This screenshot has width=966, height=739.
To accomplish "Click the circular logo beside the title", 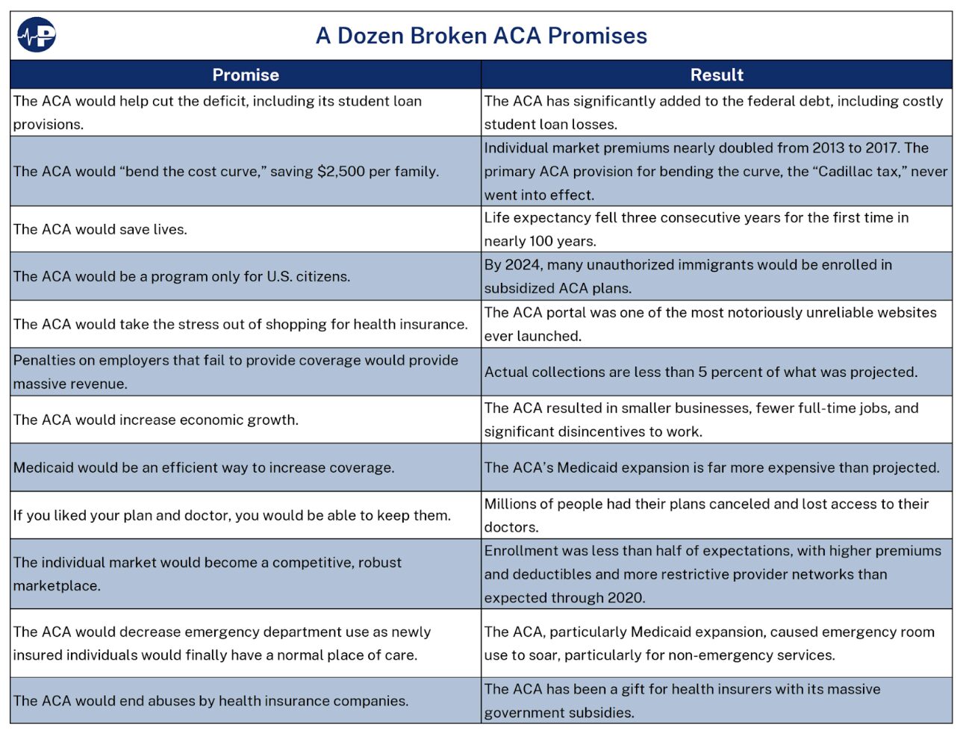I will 37,35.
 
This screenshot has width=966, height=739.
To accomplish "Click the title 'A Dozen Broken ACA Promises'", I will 482,36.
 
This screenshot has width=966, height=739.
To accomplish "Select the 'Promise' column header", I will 246,75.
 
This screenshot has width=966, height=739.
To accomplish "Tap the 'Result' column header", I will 717,75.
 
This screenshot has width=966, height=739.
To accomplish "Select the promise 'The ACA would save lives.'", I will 101,230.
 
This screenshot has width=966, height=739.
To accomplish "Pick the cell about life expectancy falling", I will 696,229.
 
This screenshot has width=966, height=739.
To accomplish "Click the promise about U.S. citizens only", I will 181,277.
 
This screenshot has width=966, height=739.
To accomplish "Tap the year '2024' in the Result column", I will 522,265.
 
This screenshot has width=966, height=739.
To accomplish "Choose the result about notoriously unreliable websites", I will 709,324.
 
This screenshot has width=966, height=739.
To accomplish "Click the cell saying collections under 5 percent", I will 700,372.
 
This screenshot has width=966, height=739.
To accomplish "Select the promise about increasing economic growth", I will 156,420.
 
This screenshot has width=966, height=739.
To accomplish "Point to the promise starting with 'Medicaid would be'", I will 204,468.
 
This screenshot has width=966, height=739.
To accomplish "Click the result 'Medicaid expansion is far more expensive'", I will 711,468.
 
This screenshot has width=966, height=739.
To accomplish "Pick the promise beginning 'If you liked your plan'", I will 232,516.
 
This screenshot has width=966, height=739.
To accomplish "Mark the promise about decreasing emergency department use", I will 222,643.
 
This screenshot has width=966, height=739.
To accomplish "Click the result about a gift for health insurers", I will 682,701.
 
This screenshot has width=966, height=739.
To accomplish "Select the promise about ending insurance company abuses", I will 211,701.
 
